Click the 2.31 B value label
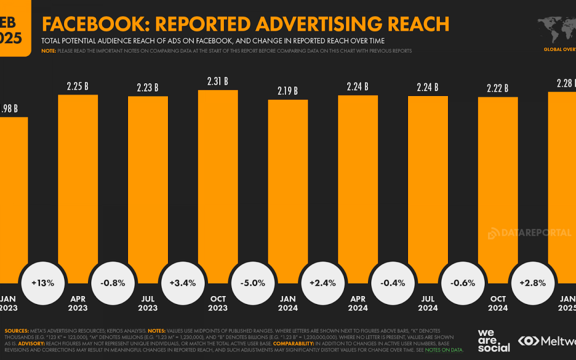pyautogui.click(x=218, y=82)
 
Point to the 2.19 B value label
pyautogui.click(x=287, y=91)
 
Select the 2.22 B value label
pyautogui.click(x=498, y=88)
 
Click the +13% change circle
pyautogui.click(x=43, y=283)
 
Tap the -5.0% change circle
pyautogui.click(x=253, y=283)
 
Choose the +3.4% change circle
pyautogui.click(x=183, y=283)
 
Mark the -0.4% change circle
pyautogui.click(x=393, y=283)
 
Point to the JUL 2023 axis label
pyautogui.click(x=148, y=303)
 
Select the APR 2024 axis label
pyautogui.click(x=358, y=303)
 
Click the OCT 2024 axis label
pyautogui.click(x=498, y=303)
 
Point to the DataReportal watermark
pyautogui.click(x=529, y=233)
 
